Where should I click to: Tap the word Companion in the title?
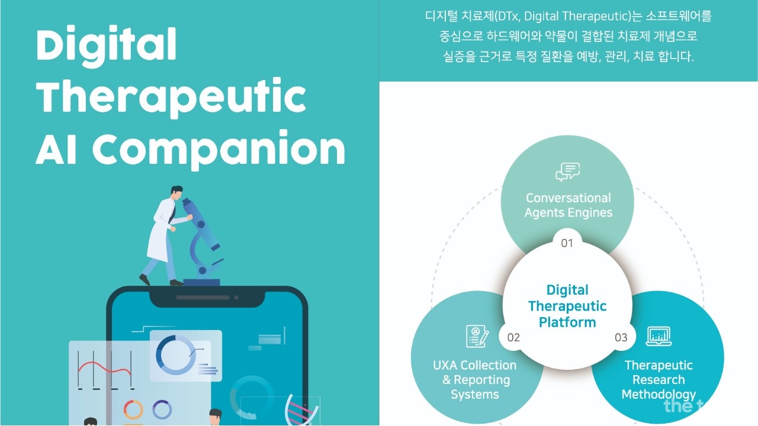click(219, 149)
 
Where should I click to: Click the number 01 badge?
click(567, 243)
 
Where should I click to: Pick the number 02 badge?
click(513, 337)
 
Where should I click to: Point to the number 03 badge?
click(621, 337)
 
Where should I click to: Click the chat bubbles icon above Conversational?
click(567, 172)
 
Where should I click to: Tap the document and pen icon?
click(477, 336)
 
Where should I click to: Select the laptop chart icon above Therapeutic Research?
click(659, 336)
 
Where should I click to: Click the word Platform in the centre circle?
click(567, 322)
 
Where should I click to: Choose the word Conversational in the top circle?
click(568, 198)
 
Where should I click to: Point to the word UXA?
click(445, 365)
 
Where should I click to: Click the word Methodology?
click(659, 395)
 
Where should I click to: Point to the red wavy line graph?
click(105, 368)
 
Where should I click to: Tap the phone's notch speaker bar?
click(203, 298)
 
